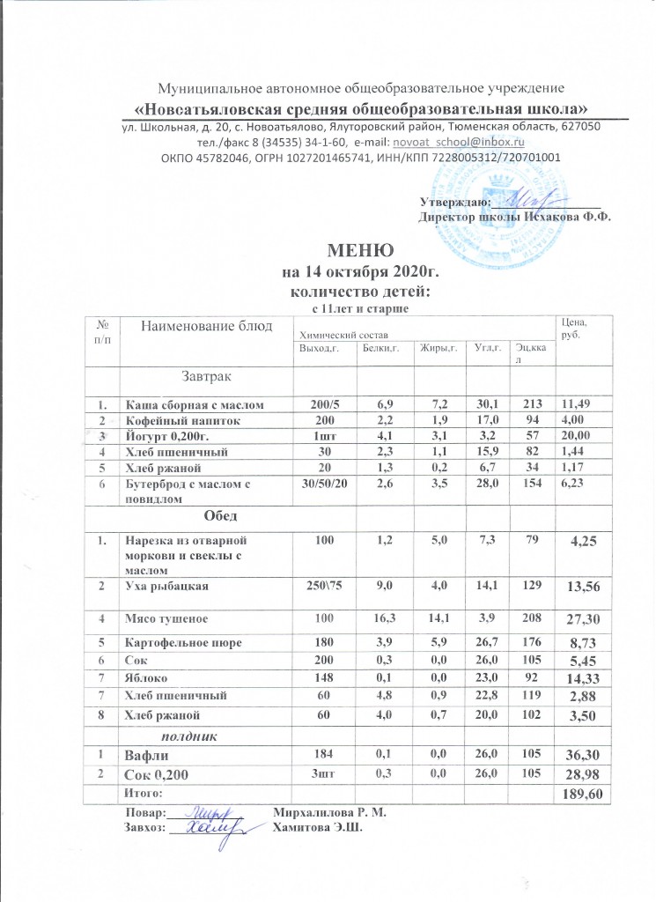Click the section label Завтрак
pyautogui.click(x=207, y=378)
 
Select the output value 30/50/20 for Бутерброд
pyautogui.click(x=323, y=483)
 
